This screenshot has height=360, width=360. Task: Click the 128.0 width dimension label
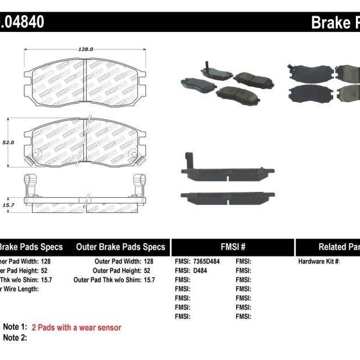pos(86,49)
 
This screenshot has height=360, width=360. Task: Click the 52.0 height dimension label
pos(8,141)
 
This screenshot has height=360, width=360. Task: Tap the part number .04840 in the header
pos(22,23)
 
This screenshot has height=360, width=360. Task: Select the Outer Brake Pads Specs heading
pos(120,247)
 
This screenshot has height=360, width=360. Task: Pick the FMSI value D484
pos(201,270)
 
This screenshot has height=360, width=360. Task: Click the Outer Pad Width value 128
pos(148,262)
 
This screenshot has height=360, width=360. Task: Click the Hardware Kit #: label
pos(319,262)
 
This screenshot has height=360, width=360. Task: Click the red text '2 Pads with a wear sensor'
pos(76,327)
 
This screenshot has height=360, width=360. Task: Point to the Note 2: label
pos(15,338)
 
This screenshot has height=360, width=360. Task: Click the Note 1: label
pos(15,327)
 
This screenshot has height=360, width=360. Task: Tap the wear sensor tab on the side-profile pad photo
pos(187,160)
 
